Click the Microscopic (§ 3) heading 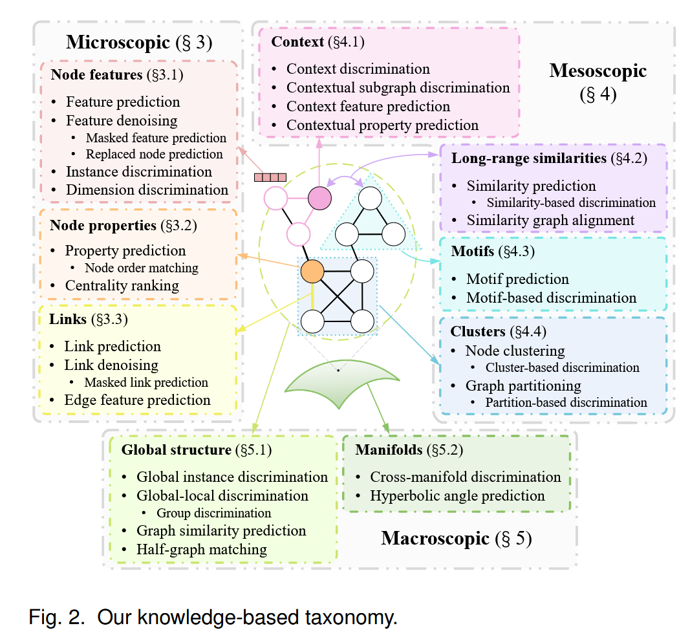click(x=139, y=43)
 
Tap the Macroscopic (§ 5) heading click(x=456, y=538)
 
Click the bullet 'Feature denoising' click(x=122, y=120)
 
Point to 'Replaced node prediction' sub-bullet click(x=155, y=155)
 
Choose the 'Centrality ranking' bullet click(x=122, y=285)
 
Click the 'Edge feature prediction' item click(x=137, y=400)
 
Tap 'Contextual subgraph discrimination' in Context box click(x=398, y=87)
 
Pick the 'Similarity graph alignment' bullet click(x=550, y=221)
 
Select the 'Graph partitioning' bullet click(x=523, y=386)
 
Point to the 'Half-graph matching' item click(x=202, y=550)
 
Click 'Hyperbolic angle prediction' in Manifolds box click(x=457, y=496)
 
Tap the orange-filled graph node click(x=312, y=271)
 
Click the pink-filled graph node click(x=319, y=197)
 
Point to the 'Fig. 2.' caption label click(x=57, y=618)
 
